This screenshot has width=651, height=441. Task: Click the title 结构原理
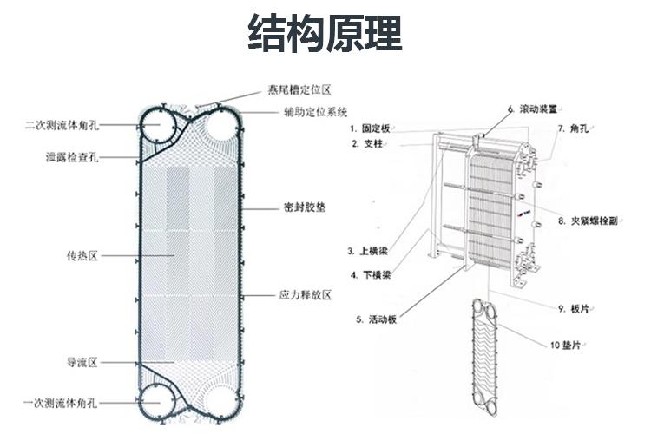click(x=325, y=33)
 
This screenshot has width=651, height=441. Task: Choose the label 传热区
click(x=82, y=256)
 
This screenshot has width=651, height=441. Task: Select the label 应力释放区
click(x=305, y=295)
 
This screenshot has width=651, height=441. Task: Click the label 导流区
click(x=82, y=362)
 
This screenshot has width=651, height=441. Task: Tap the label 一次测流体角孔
click(x=62, y=404)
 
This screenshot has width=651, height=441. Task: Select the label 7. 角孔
click(x=573, y=128)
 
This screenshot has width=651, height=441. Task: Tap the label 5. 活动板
click(x=376, y=319)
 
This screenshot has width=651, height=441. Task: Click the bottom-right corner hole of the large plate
click(x=223, y=405)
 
